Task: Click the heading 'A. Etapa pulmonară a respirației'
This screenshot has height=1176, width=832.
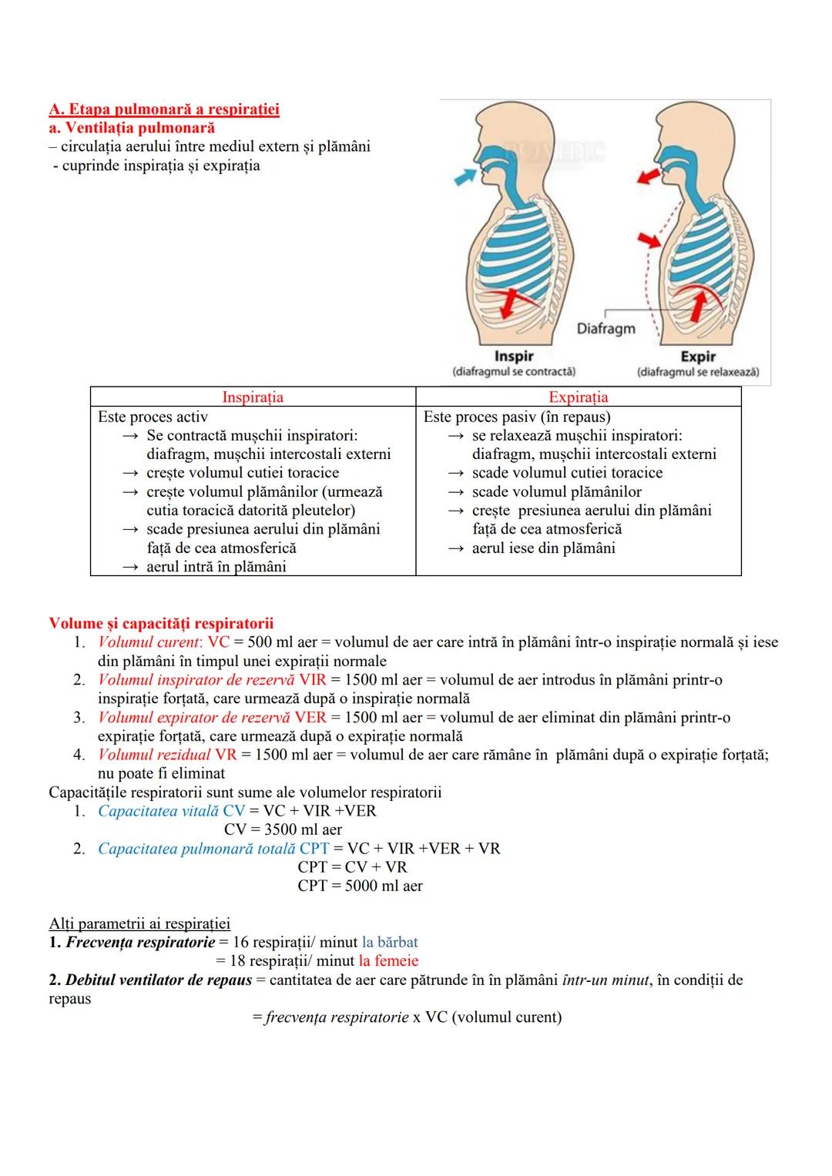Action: click(163, 109)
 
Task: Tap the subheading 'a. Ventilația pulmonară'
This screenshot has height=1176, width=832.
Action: click(131, 128)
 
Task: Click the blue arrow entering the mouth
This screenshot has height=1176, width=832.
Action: click(465, 176)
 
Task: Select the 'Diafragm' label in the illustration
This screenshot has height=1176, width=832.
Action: click(606, 328)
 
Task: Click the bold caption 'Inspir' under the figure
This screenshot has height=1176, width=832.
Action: click(513, 357)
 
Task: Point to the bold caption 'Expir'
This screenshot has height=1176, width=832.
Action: click(698, 357)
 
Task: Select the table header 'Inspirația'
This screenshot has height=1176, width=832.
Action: click(253, 397)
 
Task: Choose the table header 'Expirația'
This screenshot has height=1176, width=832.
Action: click(578, 397)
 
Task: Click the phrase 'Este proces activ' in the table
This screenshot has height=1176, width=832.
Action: click(153, 417)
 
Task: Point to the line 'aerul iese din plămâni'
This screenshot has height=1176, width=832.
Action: click(543, 548)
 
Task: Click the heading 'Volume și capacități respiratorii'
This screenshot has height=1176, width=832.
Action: click(161, 623)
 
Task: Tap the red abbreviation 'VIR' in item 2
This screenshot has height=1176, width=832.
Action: click(313, 680)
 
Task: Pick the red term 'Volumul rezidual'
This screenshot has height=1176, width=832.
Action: click(154, 755)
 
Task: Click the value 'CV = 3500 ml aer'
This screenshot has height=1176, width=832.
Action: click(283, 829)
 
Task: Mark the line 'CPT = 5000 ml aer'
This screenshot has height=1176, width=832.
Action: click(360, 886)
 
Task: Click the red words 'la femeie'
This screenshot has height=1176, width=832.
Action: click(388, 961)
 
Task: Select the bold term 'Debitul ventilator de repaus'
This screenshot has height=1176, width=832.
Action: click(159, 980)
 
